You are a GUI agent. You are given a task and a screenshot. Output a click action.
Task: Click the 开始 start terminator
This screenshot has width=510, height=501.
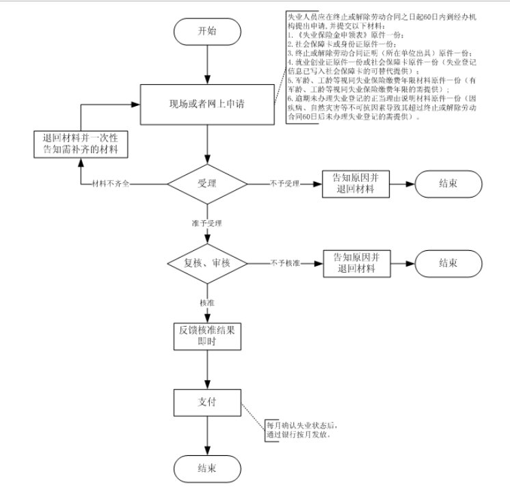point(206,31)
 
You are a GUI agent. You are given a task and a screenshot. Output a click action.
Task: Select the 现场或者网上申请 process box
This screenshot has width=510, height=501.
point(206,105)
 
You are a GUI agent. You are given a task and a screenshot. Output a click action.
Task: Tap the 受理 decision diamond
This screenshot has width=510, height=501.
point(206,184)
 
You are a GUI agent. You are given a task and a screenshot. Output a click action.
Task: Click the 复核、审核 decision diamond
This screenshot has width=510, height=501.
point(206,262)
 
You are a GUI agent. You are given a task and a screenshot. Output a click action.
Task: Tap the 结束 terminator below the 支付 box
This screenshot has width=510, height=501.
point(206,468)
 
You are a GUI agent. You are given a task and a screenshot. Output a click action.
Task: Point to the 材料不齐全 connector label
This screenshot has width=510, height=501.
point(111,185)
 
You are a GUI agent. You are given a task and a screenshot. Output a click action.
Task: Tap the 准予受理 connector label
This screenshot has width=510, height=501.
point(206,223)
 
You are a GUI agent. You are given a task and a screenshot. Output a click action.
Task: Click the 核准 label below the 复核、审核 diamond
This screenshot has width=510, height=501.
point(206,302)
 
